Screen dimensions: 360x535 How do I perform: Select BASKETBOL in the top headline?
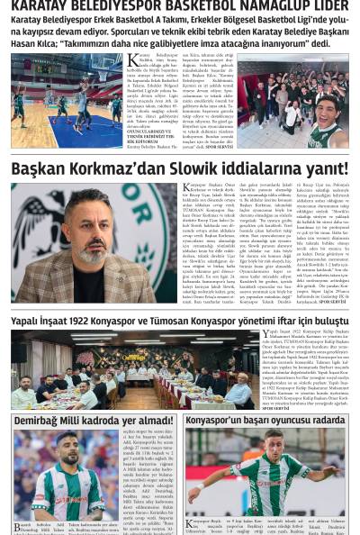click(179, 6)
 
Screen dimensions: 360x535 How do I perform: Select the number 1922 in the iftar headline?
click(99, 321)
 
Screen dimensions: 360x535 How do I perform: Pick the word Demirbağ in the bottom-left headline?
click(40, 421)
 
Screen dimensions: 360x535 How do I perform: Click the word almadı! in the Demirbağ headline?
click(147, 421)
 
